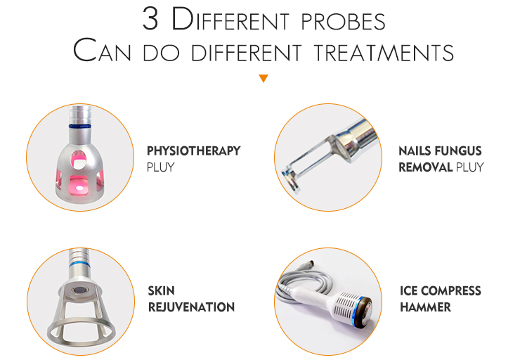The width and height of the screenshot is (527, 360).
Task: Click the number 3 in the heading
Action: point(150,19)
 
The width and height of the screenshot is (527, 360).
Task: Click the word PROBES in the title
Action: point(343,22)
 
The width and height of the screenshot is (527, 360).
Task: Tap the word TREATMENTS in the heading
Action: point(384,53)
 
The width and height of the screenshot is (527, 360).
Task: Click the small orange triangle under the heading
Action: point(263,78)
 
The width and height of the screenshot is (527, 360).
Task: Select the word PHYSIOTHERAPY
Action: point(194,150)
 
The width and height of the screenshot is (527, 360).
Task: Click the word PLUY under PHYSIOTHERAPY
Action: point(161,167)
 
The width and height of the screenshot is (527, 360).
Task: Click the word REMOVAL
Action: point(426,167)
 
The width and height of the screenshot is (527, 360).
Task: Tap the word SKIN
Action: point(162,290)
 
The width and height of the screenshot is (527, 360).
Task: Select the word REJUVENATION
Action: point(191,307)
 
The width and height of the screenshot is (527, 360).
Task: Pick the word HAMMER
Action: point(425,307)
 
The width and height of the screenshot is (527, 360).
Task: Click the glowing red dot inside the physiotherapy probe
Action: point(79,188)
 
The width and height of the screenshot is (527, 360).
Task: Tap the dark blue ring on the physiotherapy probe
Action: point(80,126)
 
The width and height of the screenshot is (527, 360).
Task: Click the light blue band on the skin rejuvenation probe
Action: point(79,265)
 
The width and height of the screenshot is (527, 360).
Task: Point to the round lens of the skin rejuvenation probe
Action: point(79,290)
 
